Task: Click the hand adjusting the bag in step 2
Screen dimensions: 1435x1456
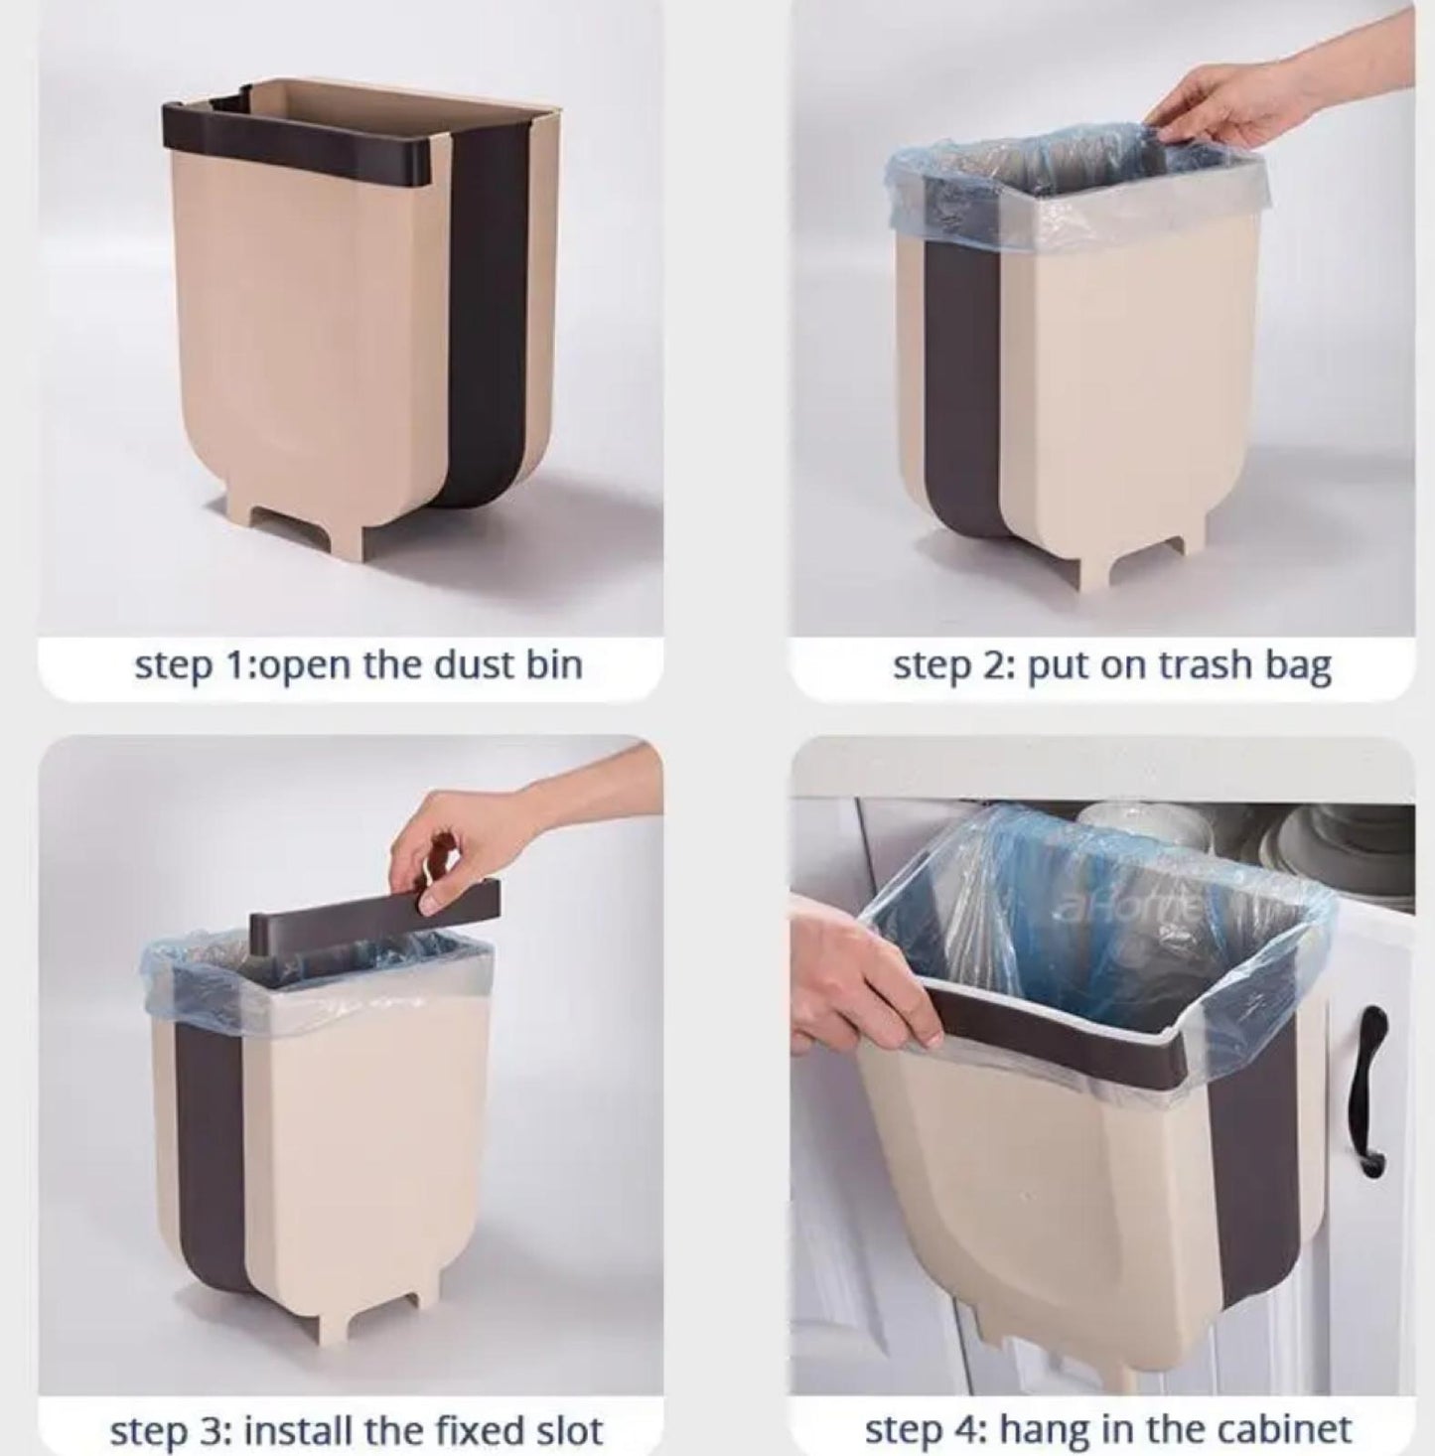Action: [1277, 106]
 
